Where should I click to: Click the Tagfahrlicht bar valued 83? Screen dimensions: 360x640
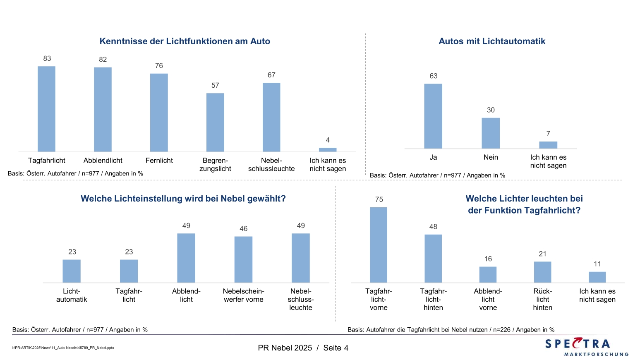[46, 109]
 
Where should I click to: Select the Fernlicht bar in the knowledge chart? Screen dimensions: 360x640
[159, 113]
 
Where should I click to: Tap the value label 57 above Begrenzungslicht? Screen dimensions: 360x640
[215, 86]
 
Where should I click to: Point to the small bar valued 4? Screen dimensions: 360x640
[328, 149]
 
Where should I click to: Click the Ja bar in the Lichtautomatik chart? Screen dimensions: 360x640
[433, 116]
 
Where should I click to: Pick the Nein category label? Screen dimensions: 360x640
[491, 157]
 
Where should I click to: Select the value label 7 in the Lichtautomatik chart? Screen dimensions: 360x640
[548, 134]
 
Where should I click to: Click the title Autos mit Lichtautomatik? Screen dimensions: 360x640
[492, 41]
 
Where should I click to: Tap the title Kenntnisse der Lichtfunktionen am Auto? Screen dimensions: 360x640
[185, 41]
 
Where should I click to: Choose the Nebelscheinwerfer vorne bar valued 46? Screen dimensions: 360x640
[243, 259]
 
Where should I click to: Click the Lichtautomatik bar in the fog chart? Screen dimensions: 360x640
[72, 271]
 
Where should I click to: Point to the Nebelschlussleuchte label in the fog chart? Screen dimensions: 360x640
[301, 299]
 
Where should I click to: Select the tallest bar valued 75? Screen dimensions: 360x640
[379, 245]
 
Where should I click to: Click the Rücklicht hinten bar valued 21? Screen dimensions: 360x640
[542, 272]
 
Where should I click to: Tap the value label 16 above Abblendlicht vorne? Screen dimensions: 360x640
[488, 259]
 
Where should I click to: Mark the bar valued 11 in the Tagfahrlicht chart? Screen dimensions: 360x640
[597, 277]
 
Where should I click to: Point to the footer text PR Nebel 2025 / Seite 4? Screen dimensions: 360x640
[303, 348]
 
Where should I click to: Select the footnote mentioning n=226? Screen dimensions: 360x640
[451, 330]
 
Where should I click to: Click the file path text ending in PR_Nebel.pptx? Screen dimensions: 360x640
[63, 348]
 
